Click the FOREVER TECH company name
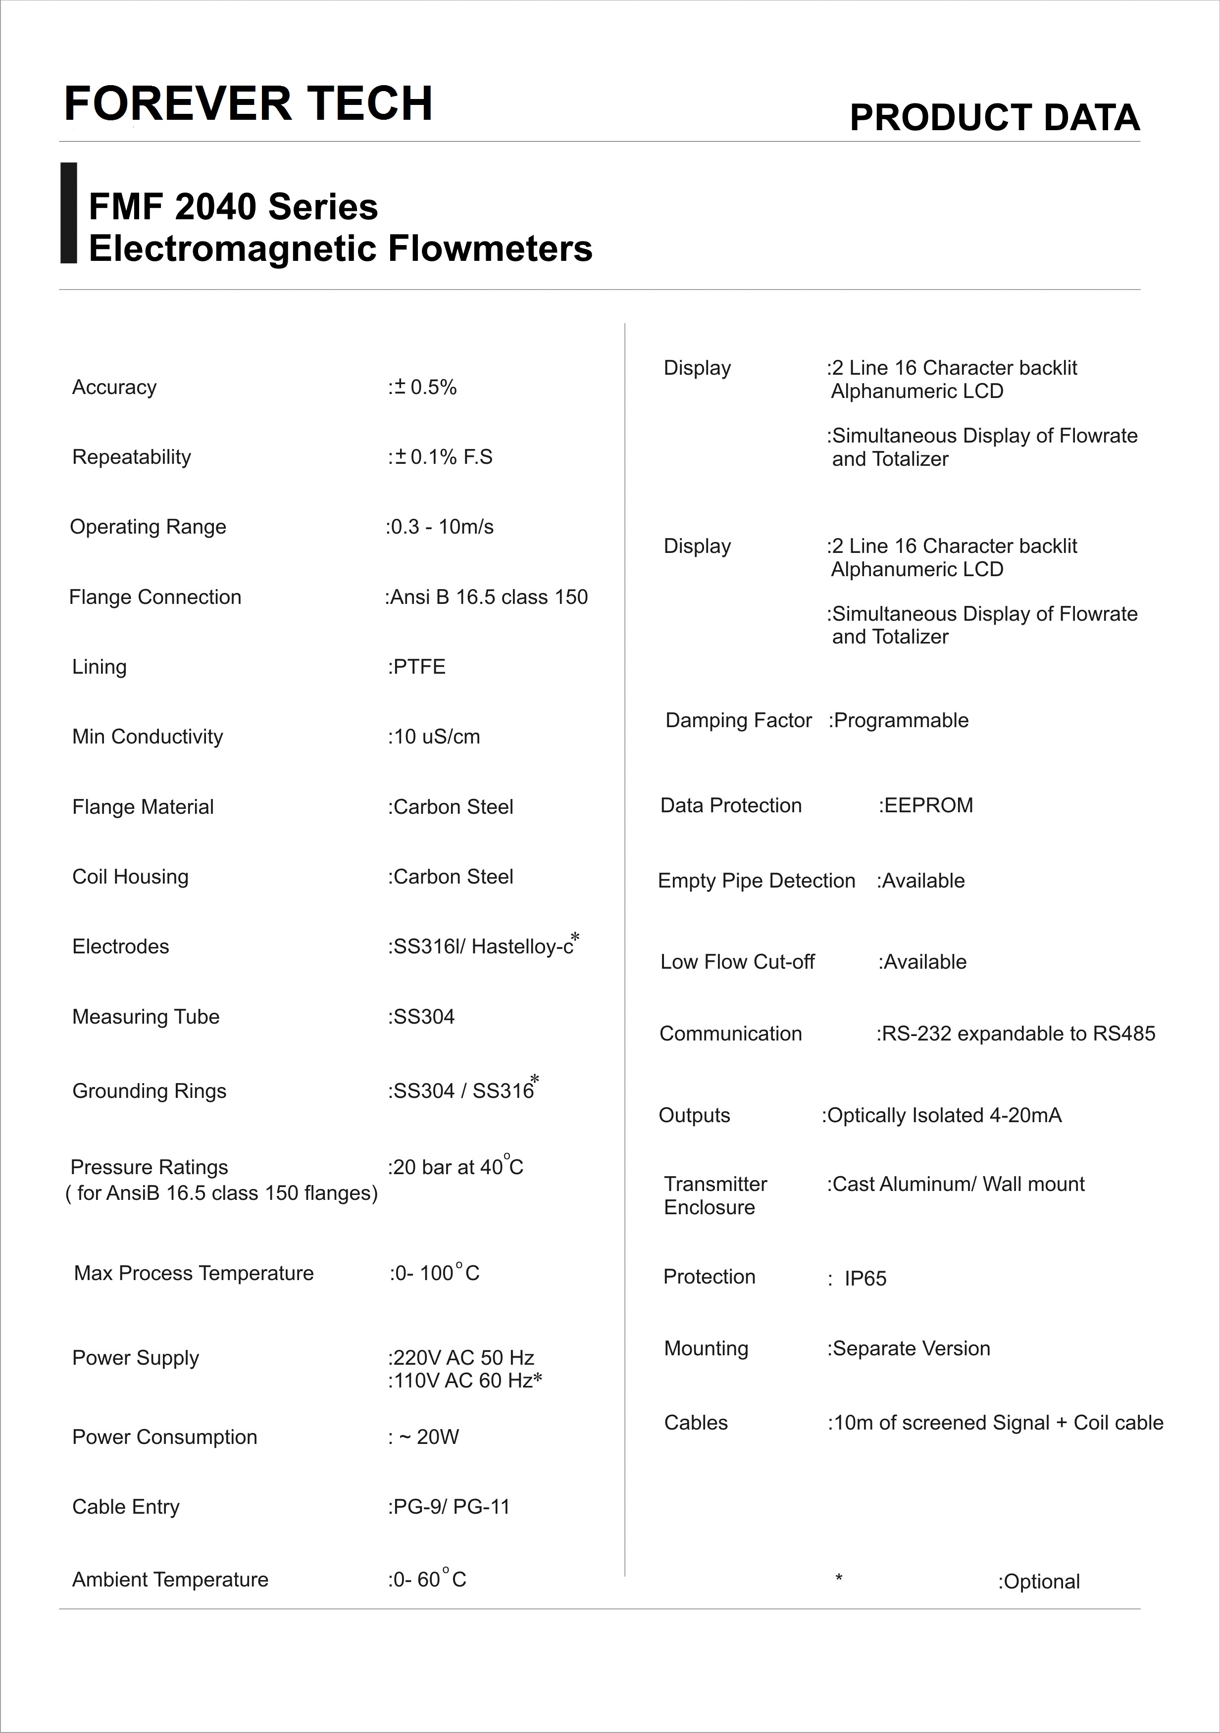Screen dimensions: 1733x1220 [x=249, y=103]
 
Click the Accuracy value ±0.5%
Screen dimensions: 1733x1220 [x=423, y=387]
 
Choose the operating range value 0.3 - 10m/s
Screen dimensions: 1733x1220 [x=440, y=527]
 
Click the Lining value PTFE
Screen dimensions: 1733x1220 [x=417, y=666]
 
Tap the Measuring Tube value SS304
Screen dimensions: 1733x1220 [x=422, y=1017]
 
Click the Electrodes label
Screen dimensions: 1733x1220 [x=121, y=946]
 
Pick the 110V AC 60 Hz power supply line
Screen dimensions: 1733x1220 [x=465, y=1381]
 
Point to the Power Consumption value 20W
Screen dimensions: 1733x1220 [x=424, y=1437]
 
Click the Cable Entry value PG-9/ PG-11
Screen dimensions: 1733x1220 [x=449, y=1507]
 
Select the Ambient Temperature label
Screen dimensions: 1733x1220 [x=170, y=1580]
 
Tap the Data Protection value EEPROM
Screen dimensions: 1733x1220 [x=926, y=805]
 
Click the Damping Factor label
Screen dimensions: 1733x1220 [x=738, y=720]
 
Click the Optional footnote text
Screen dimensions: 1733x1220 [x=1040, y=1582]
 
